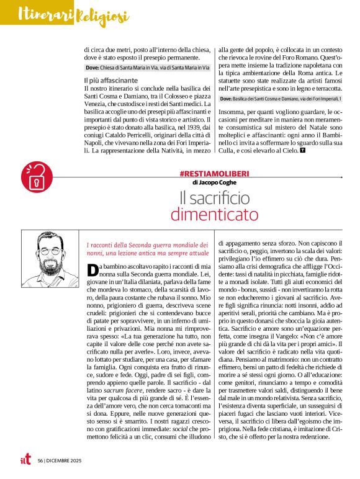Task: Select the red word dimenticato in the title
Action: coord(214,215)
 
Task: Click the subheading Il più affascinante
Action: coord(111,81)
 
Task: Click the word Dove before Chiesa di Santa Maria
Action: coord(92,67)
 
